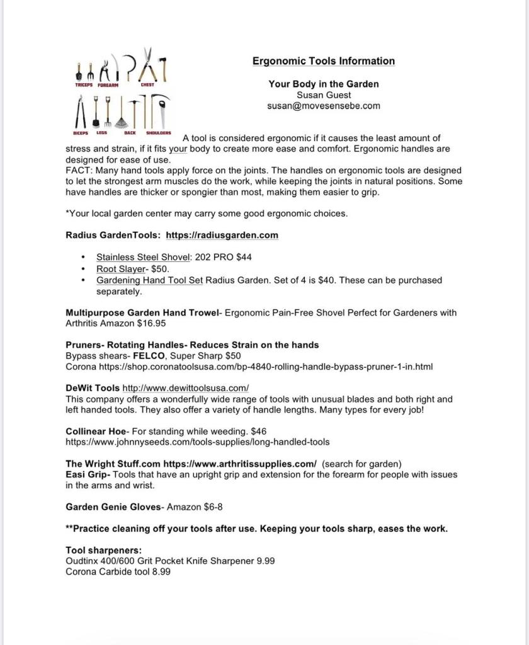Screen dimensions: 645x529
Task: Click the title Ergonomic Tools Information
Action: tap(324, 61)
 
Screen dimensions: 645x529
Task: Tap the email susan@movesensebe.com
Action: tap(324, 106)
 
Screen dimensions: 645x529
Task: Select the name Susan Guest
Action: tap(324, 95)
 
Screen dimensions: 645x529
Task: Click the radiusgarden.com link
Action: tap(222, 235)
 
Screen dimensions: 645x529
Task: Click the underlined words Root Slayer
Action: tap(121, 268)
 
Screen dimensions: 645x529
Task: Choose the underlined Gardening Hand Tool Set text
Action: tap(149, 280)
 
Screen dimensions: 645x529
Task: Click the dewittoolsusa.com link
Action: tap(186, 388)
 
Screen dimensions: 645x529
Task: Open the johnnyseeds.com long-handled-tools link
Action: tap(197, 442)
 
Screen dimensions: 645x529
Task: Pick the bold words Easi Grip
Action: tap(88, 475)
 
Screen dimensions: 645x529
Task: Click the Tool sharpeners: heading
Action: tap(103, 551)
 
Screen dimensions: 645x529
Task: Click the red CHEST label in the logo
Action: tap(147, 85)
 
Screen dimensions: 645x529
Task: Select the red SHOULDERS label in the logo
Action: tap(159, 133)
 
